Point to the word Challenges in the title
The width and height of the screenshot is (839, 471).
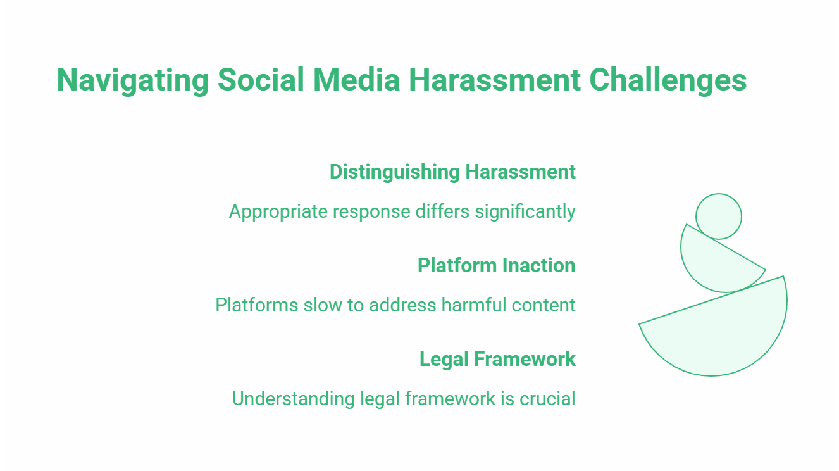click(668, 80)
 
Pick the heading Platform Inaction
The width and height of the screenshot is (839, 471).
click(496, 265)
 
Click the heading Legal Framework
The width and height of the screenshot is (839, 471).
click(497, 359)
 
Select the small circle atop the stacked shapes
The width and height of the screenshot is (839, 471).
click(718, 217)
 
